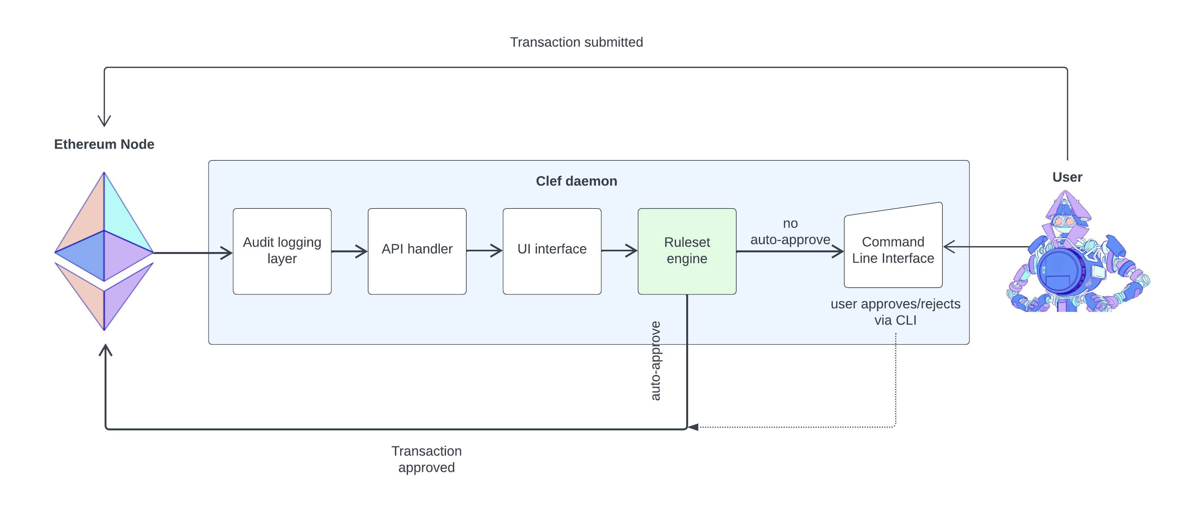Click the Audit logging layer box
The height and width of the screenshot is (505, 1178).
[282, 251]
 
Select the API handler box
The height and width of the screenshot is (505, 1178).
[417, 251]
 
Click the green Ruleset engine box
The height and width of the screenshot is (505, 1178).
[687, 251]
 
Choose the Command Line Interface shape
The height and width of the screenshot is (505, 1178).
[893, 250]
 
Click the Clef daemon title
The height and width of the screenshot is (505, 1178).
[576, 181]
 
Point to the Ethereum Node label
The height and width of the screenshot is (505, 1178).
[104, 144]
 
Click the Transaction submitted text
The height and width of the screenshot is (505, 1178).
[576, 42]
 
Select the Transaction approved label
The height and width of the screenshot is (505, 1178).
[426, 459]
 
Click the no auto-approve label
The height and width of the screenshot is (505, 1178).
[790, 231]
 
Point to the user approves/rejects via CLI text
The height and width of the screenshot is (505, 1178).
[895, 312]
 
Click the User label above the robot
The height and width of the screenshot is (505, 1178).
[1067, 177]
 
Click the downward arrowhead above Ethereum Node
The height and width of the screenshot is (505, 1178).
[104, 121]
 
